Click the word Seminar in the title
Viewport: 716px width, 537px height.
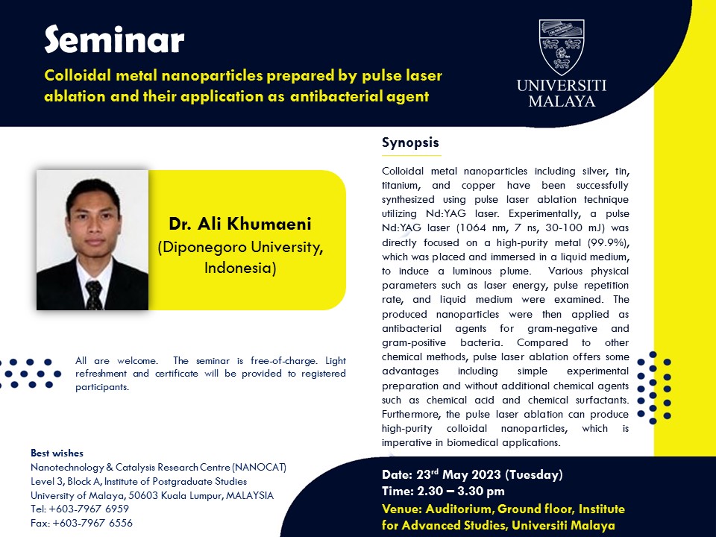pos(114,40)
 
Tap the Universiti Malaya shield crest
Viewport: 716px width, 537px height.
pos(561,46)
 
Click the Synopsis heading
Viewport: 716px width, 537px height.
pos(410,142)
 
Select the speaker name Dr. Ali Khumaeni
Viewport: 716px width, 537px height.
pos(240,224)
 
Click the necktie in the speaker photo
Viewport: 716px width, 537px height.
pos(94,295)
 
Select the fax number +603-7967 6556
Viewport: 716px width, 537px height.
pos(92,523)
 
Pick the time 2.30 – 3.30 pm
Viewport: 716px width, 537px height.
pos(461,491)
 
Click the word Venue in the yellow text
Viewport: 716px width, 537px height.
pos(401,509)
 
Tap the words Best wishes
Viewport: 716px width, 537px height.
pos(57,453)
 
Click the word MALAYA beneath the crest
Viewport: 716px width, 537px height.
pos(562,101)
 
